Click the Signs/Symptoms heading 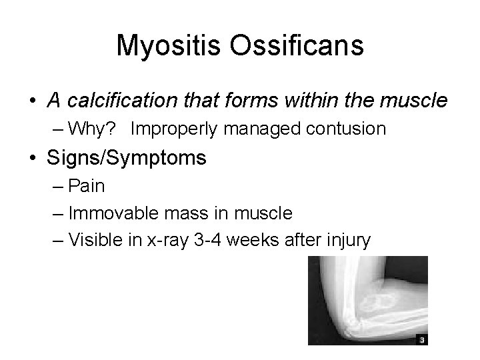[x=127, y=158]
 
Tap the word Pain [x=87, y=186]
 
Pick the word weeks [x=254, y=240]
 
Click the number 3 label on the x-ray [x=421, y=339]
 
